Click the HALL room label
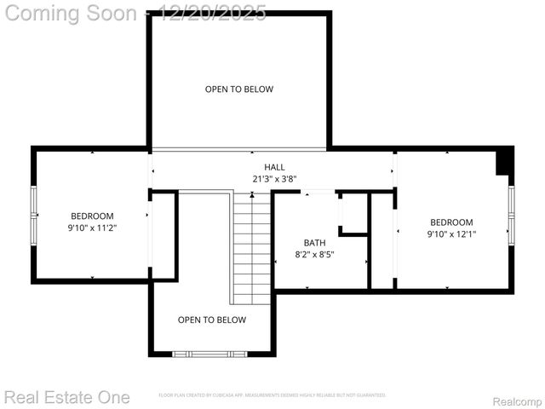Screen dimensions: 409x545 [274, 167]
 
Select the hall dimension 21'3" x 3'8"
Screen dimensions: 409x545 [274, 179]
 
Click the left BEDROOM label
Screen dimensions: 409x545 [91, 216]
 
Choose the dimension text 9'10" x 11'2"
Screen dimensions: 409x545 [91, 228]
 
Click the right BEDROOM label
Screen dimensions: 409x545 [450, 222]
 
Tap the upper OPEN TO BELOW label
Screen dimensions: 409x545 [239, 89]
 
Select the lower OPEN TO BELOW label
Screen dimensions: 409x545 [212, 320]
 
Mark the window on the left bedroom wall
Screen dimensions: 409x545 [34, 216]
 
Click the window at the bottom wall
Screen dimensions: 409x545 [210, 353]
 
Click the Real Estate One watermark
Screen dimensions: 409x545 [66, 397]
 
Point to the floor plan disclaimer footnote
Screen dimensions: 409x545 [272, 395]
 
